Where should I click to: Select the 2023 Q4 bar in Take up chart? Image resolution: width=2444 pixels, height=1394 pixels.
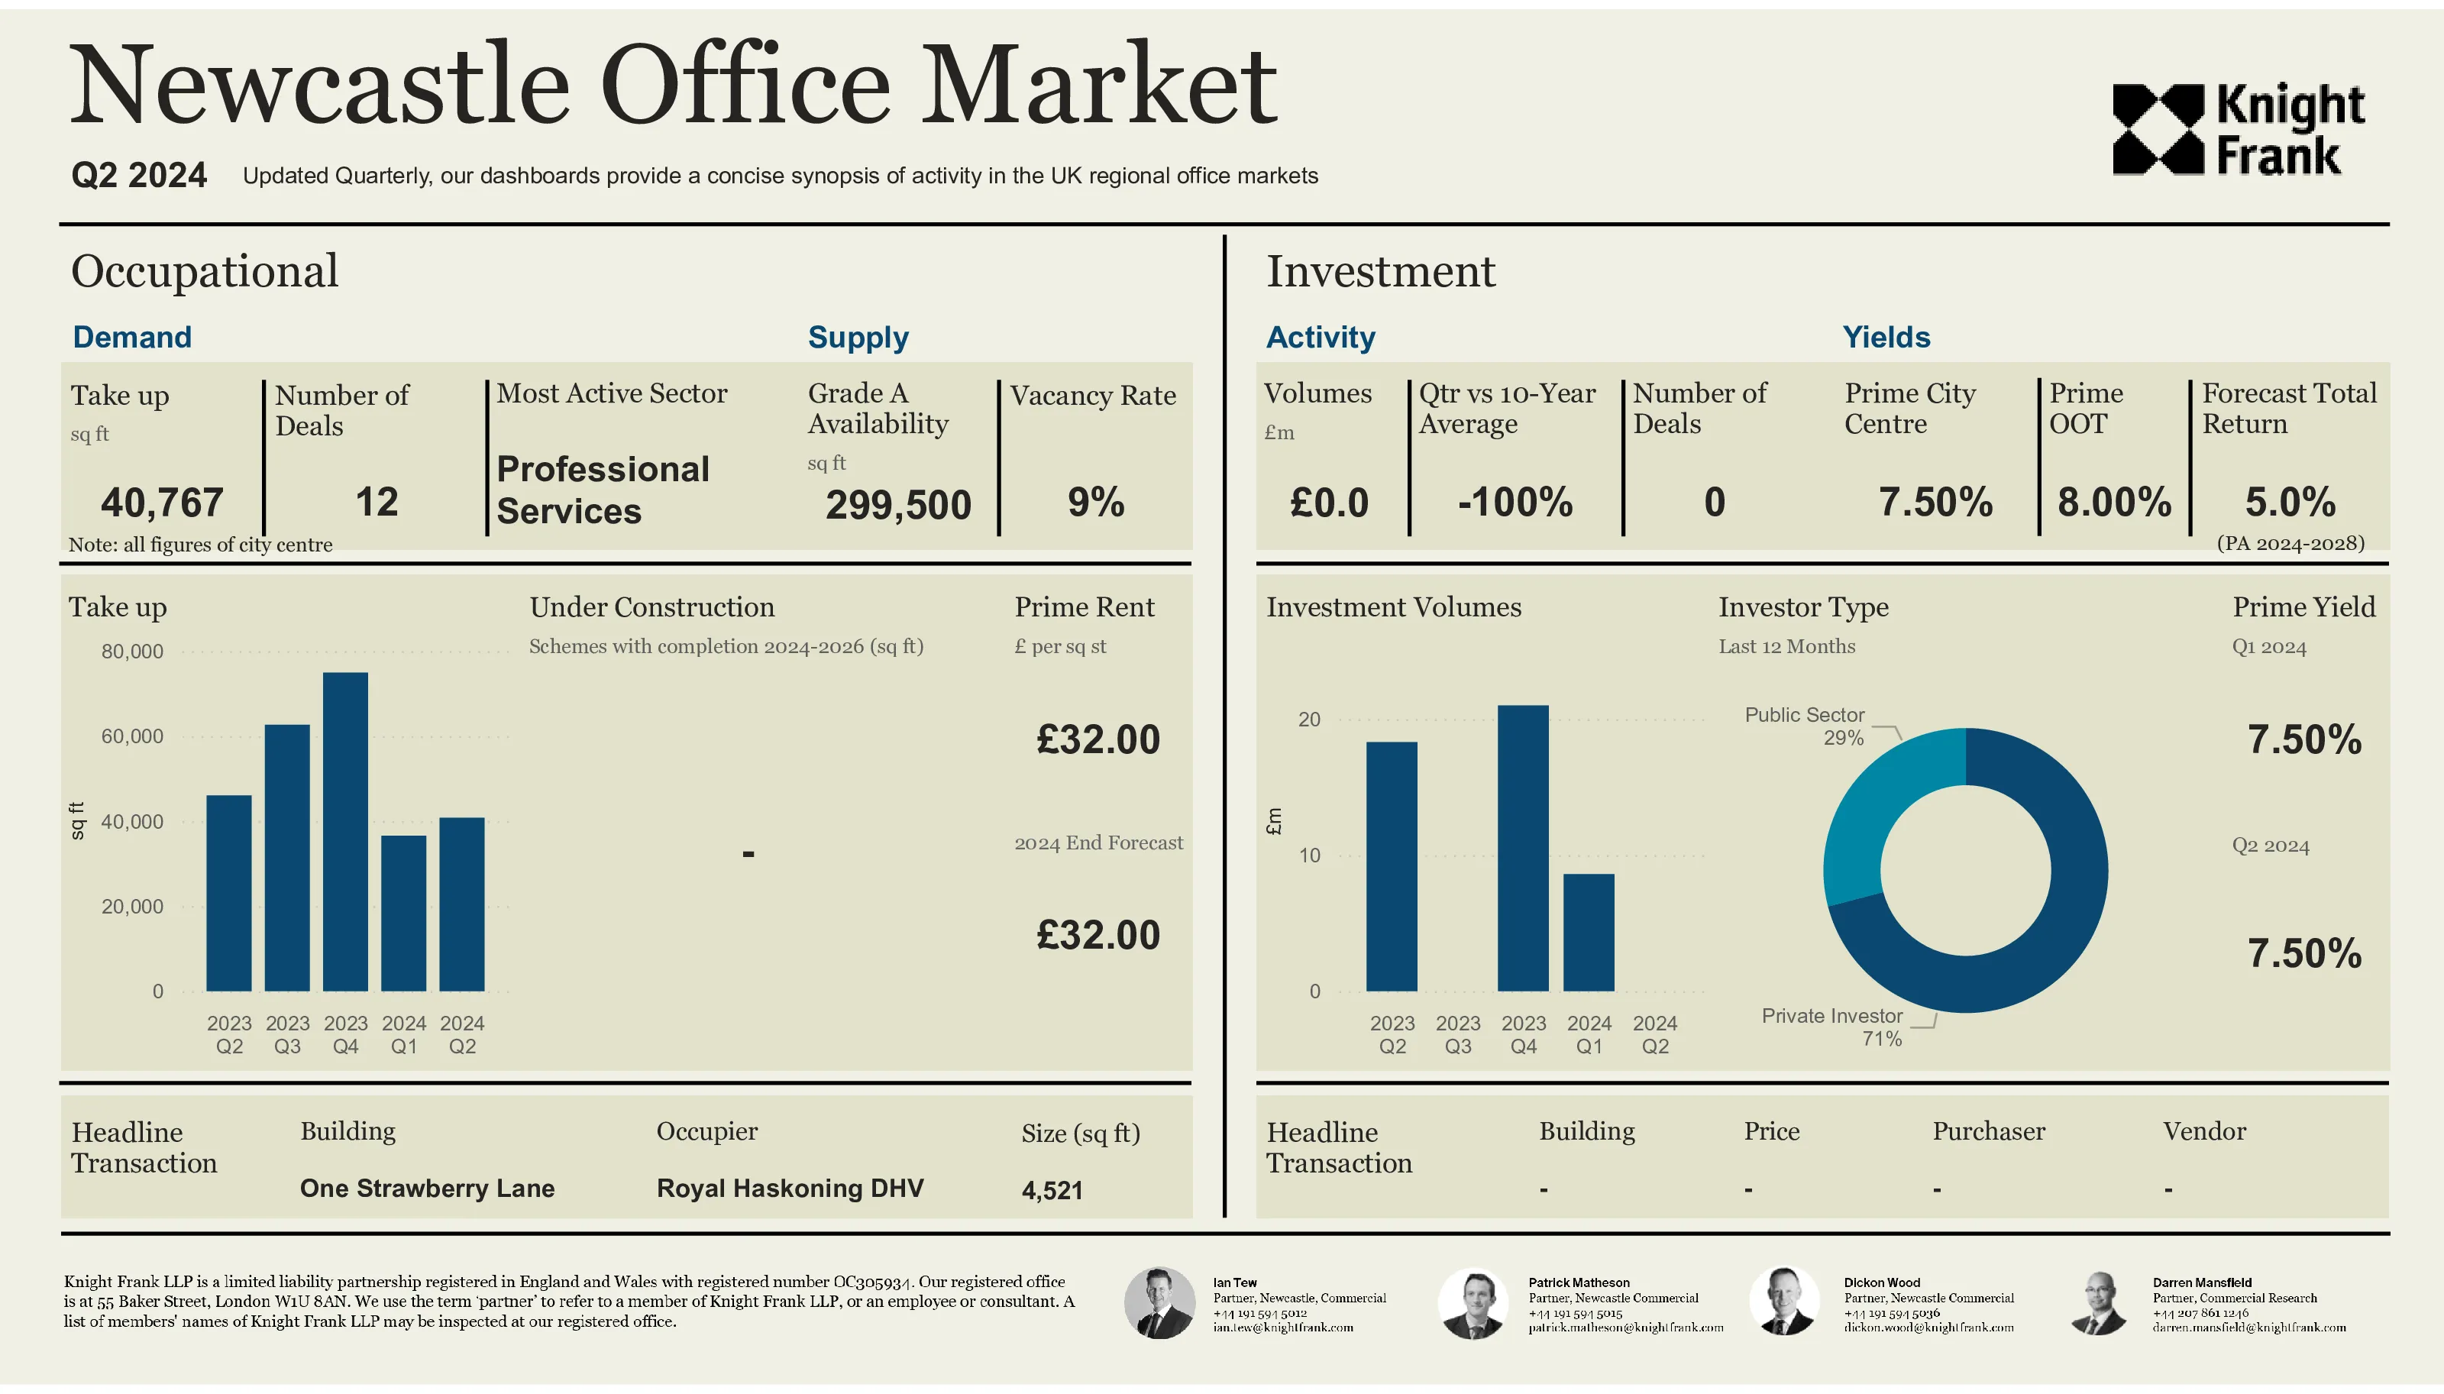click(344, 831)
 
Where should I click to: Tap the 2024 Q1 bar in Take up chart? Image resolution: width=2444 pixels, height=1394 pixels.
click(403, 913)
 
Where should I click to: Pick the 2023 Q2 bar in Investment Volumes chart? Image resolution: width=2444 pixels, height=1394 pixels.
click(1391, 865)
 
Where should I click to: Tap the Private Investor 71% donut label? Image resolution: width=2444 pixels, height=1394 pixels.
click(1831, 1027)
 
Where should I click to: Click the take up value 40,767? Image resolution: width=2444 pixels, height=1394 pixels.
click(162, 502)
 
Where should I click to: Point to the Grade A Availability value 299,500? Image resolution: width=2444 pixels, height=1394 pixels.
click(898, 505)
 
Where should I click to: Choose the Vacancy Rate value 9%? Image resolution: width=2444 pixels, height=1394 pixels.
click(1095, 502)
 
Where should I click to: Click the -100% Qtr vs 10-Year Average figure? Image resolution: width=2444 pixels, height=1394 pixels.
click(1515, 502)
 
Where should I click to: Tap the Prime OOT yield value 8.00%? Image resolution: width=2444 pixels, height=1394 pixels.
click(2114, 502)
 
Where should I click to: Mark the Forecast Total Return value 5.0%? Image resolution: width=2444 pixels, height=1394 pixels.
click(2290, 502)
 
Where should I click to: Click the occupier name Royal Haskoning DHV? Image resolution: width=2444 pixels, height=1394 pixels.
click(790, 1189)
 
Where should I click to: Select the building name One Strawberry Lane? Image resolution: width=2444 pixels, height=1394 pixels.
click(427, 1189)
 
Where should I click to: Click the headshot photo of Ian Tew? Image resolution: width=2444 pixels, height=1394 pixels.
click(1159, 1302)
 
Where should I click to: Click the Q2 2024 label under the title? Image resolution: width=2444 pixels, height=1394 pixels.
click(139, 175)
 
